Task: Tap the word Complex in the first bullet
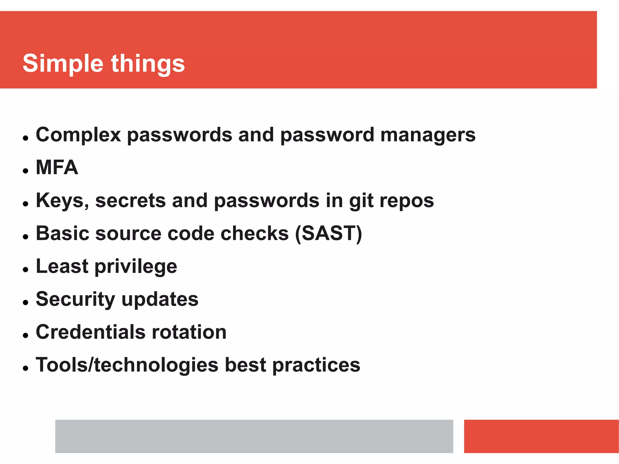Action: tap(78, 135)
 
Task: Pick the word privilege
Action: tap(136, 267)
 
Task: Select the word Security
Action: tap(76, 299)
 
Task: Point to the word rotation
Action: tap(189, 332)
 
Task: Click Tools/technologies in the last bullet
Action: tap(127, 365)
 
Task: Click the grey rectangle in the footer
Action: tap(254, 436)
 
